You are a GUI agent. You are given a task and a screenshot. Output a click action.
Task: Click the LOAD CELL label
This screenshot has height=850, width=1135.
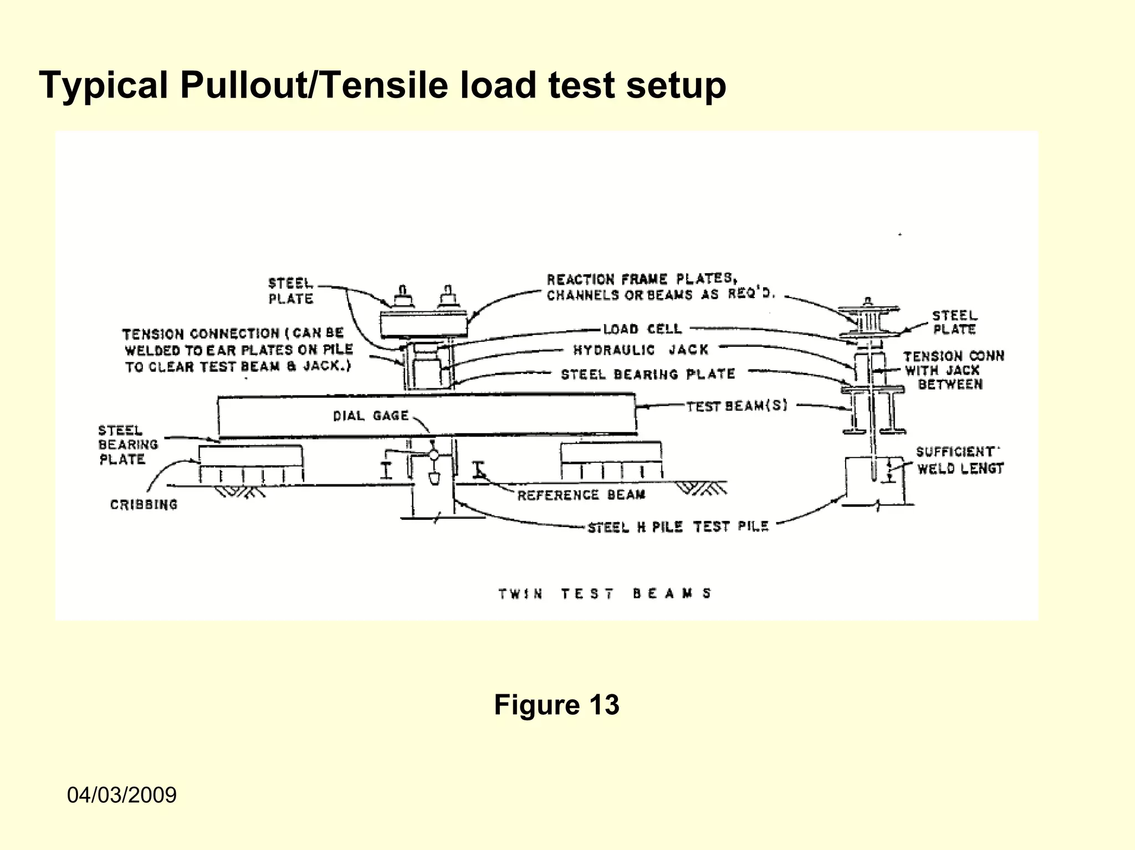tap(642, 329)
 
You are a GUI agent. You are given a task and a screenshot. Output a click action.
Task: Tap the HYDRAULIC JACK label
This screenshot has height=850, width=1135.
tap(641, 350)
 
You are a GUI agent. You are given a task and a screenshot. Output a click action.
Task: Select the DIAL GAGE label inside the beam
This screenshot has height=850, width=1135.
tap(371, 416)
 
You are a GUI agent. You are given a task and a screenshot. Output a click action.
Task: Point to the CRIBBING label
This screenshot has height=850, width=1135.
tap(144, 505)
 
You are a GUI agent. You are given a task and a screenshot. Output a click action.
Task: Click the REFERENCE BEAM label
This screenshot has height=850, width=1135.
tap(581, 495)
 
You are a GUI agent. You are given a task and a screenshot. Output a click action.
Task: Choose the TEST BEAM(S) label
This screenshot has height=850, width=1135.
tap(737, 406)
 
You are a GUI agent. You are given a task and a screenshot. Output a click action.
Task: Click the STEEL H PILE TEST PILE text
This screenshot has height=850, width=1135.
tap(678, 527)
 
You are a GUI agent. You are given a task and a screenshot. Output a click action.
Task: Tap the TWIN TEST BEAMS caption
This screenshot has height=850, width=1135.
tap(605, 594)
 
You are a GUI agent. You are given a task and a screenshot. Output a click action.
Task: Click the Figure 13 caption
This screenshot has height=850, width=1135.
tap(556, 705)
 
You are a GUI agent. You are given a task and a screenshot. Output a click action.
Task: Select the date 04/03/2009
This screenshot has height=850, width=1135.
tap(122, 795)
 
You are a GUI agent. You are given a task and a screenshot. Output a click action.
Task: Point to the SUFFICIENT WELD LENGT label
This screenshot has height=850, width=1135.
tap(960, 460)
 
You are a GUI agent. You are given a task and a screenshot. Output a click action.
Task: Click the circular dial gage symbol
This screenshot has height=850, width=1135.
tap(434, 455)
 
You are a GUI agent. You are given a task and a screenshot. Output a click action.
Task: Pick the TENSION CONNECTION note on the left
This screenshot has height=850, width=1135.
tap(237, 350)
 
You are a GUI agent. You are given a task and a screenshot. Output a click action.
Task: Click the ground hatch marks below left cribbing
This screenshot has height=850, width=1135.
tap(239, 491)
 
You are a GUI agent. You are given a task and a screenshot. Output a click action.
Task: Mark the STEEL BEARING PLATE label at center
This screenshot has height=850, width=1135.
tap(647, 375)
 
